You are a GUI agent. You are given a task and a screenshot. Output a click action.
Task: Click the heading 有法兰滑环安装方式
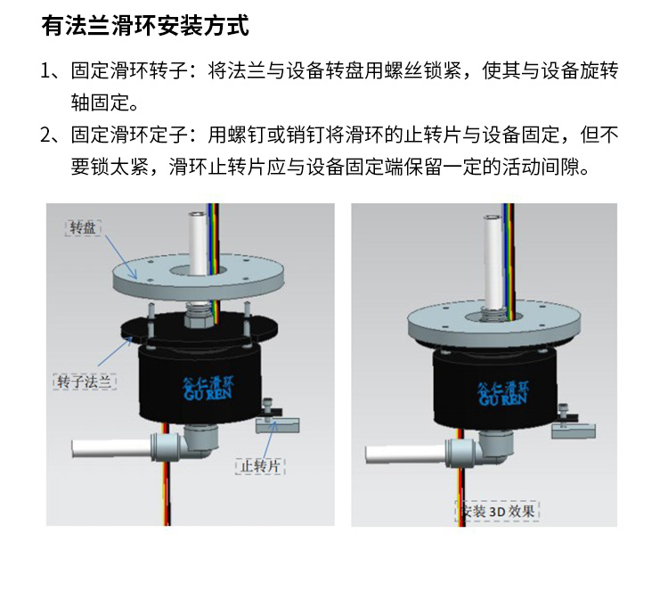145,26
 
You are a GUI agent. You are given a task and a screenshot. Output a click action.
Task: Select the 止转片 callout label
259,465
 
